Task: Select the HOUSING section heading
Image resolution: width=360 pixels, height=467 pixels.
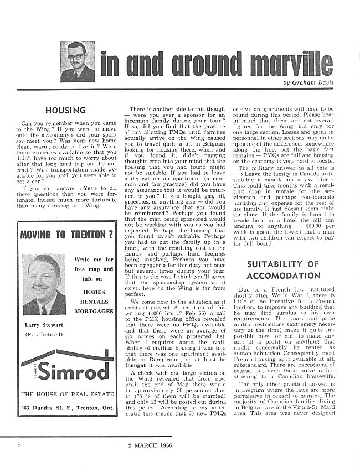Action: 65,111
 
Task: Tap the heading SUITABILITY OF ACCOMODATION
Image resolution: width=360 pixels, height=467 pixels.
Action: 283,269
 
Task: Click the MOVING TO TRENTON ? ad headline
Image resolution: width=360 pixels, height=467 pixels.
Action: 66,233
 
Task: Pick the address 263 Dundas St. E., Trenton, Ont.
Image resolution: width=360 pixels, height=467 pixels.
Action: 67,409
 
